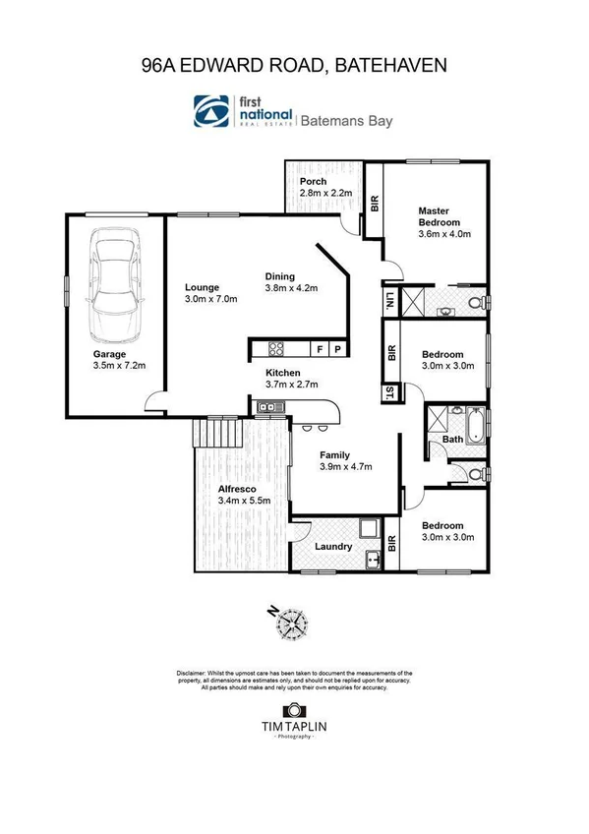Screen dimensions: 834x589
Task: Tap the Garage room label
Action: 108,353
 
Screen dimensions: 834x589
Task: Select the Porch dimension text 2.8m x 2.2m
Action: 326,194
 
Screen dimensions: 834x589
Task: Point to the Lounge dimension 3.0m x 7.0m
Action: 211,300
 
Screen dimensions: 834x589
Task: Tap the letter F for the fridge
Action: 320,349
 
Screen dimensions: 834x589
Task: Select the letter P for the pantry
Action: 336,349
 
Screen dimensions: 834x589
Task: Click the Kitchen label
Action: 282,373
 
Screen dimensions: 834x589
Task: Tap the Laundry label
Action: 333,547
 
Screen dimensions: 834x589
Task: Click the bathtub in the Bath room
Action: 475,425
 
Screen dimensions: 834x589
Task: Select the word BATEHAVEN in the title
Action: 391,66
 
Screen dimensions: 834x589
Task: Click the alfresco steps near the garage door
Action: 216,431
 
